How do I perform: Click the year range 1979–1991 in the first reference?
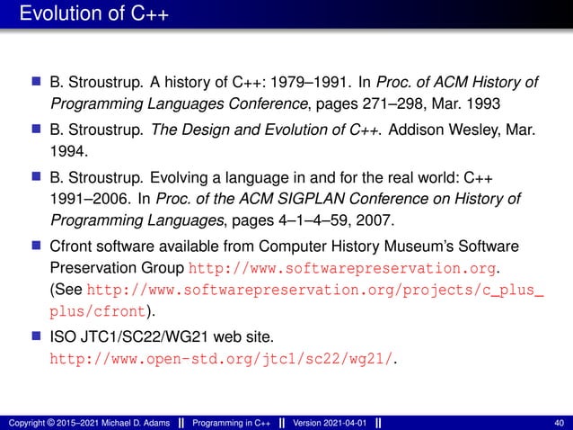(293, 84)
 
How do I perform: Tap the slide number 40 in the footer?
(560, 423)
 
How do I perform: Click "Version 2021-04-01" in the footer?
(328, 423)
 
